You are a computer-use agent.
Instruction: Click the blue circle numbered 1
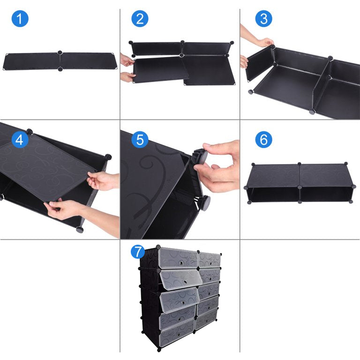click(20, 19)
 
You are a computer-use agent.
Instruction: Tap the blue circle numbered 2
click(140, 19)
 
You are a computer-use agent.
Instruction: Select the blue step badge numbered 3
click(264, 19)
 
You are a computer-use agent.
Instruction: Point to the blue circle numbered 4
click(20, 139)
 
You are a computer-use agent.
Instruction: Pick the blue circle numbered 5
click(140, 139)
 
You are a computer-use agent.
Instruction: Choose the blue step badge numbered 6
click(264, 139)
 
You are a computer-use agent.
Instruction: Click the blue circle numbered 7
click(138, 252)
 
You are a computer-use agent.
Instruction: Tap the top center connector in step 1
click(60, 52)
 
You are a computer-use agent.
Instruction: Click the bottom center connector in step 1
click(60, 68)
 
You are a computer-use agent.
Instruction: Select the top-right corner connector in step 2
click(232, 43)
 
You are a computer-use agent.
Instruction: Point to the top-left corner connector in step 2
click(131, 43)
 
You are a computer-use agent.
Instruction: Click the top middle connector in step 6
click(300, 164)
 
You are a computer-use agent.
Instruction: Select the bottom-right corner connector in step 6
click(351, 202)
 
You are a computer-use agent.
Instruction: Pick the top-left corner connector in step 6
click(253, 165)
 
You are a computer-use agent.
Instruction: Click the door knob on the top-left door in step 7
click(181, 262)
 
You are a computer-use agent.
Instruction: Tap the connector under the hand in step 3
click(272, 47)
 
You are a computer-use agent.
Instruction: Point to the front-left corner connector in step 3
click(250, 91)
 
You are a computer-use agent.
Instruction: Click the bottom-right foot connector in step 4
click(80, 229)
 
